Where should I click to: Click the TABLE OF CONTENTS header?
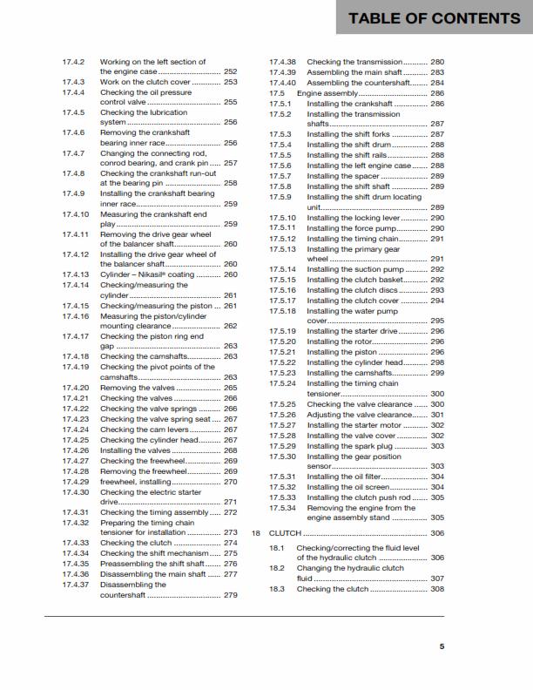[434, 17]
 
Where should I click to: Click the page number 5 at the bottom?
[442, 646]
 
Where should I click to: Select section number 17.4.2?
[73, 62]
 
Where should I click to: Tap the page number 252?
[231, 71]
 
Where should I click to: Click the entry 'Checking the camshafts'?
[138, 356]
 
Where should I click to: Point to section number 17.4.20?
[76, 387]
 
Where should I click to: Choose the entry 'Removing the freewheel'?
[141, 471]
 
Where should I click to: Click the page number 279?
[231, 595]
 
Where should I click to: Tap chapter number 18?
[255, 532]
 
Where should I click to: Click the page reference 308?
[437, 589]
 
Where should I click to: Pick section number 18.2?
[277, 567]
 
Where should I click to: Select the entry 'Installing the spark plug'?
[348, 445]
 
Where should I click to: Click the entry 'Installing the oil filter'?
[346, 477]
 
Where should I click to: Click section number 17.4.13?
[76, 274]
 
